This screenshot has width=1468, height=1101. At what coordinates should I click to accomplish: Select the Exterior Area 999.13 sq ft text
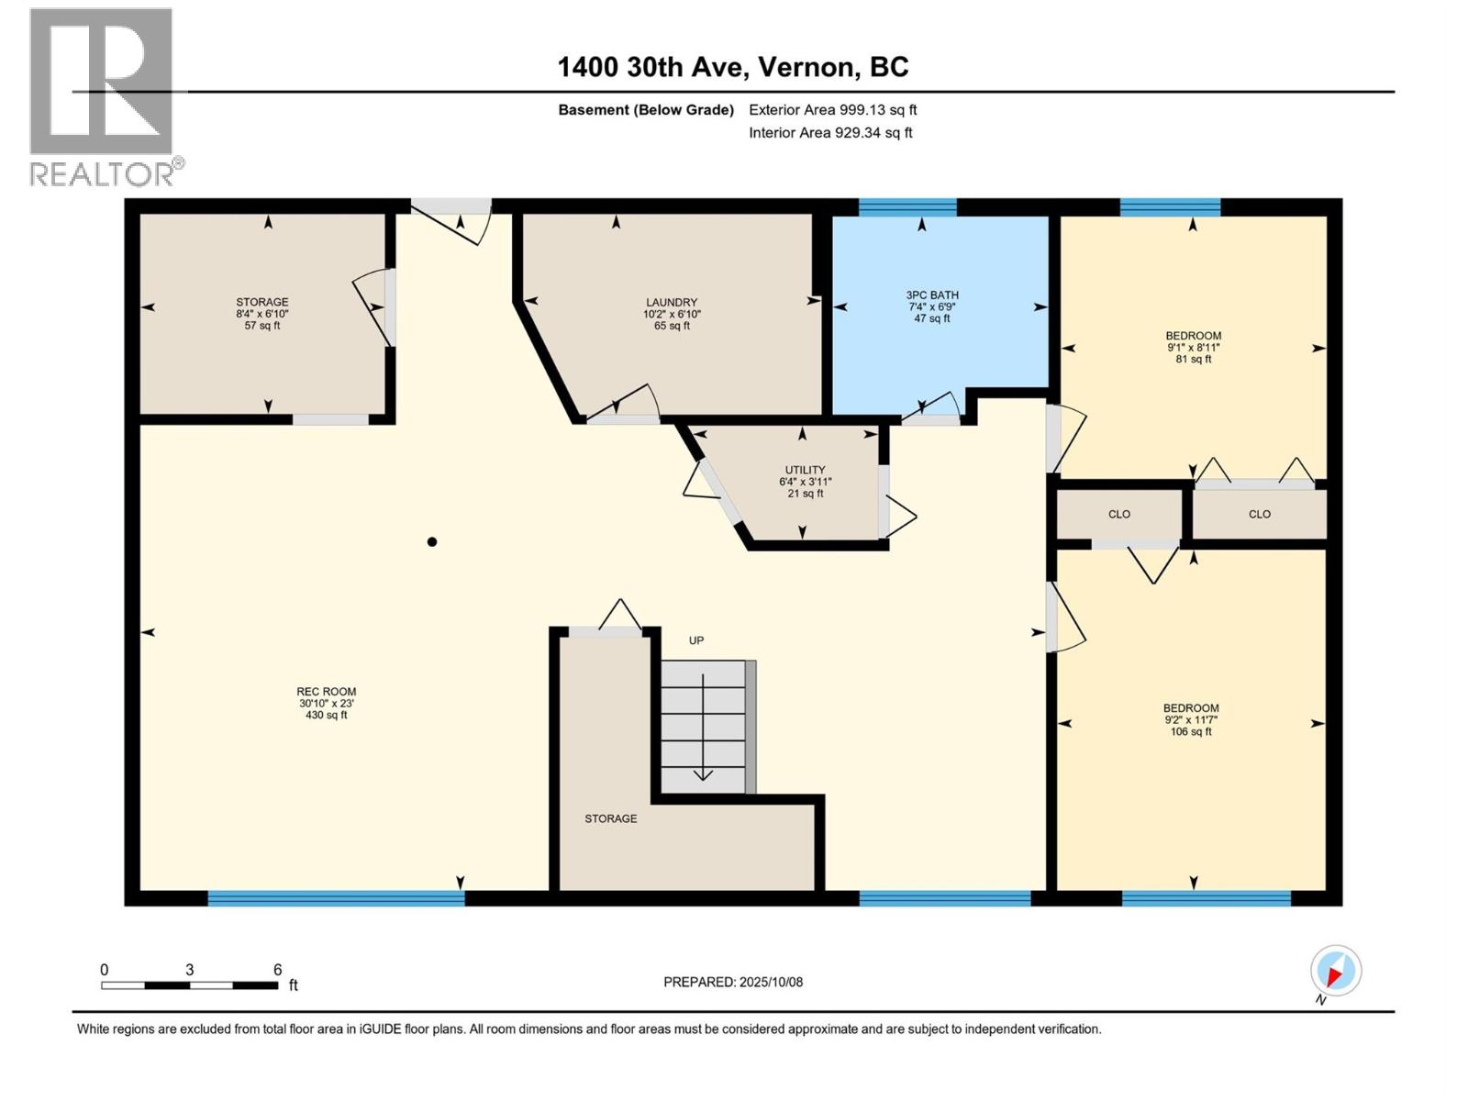tap(832, 110)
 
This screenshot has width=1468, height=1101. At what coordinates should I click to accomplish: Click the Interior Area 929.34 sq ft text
tap(830, 133)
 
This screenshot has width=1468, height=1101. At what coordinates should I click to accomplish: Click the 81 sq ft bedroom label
tap(1193, 347)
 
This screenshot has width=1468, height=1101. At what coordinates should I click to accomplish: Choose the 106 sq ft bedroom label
tap(1191, 719)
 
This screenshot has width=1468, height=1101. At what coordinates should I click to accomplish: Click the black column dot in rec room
tap(432, 542)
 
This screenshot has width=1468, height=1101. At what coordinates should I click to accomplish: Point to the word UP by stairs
tap(696, 640)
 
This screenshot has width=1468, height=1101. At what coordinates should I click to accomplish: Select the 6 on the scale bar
tap(277, 970)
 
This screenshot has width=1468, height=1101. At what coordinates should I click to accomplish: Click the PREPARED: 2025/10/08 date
tap(733, 982)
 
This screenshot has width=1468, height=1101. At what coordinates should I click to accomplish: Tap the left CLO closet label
tap(1118, 515)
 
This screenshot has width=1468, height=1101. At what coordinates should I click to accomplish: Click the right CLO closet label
tap(1259, 515)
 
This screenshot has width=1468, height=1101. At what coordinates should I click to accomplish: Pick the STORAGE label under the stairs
tap(610, 818)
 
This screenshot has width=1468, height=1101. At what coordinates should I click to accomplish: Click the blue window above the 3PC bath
tap(906, 206)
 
